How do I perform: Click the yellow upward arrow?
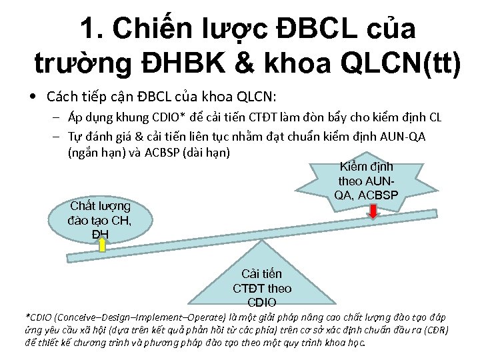tap(103, 245)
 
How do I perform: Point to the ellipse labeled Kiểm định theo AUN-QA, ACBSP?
tap(366, 181)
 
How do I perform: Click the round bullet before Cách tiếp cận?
tap(33, 97)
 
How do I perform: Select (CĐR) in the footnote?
tap(436, 330)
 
